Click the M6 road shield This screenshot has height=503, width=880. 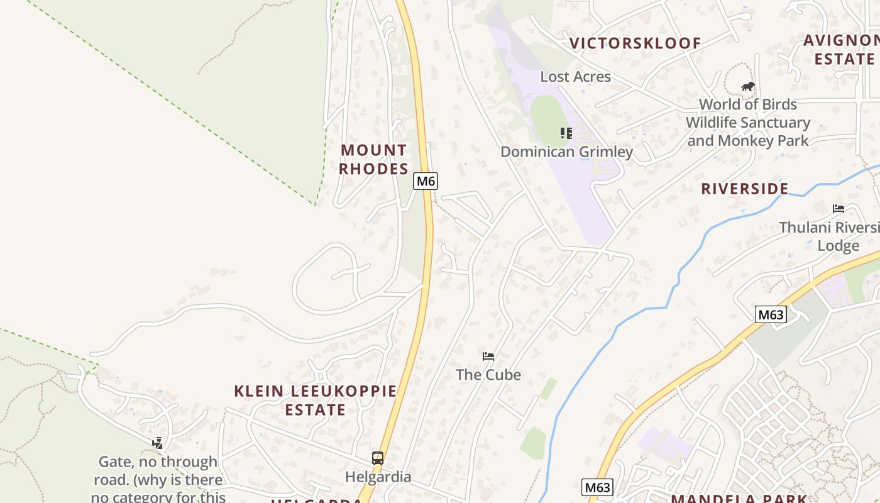[426, 181]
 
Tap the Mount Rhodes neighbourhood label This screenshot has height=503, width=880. [373, 160]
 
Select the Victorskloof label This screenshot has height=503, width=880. [635, 43]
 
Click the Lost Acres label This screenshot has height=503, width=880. [575, 77]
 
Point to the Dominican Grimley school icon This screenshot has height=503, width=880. [566, 133]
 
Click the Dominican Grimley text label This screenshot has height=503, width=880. [566, 152]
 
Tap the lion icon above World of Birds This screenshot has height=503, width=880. [747, 87]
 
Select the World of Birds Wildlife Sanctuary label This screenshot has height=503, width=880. [748, 123]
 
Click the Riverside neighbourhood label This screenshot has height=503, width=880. [745, 189]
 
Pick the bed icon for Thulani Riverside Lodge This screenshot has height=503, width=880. [838, 209]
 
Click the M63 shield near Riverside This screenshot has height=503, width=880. [771, 314]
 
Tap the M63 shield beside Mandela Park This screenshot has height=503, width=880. [597, 487]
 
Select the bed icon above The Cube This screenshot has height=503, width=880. [488, 357]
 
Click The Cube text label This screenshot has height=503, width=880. [488, 375]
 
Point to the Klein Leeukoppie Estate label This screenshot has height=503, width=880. [316, 401]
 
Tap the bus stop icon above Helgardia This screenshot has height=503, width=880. [378, 458]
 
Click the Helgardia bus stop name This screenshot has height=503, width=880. [378, 477]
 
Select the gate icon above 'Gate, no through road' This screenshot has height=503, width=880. [158, 443]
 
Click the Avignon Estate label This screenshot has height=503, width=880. [842, 50]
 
